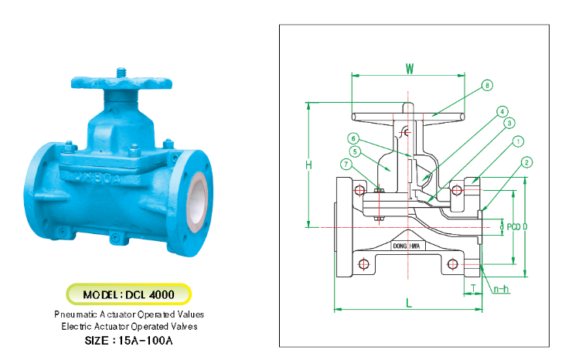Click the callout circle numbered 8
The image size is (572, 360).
[487, 85]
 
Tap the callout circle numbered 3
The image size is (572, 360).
[509, 124]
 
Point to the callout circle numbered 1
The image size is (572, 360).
[518, 141]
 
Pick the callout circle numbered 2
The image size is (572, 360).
[526, 162]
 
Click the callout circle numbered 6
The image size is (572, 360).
[353, 138]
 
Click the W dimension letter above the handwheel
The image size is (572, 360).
[410, 68]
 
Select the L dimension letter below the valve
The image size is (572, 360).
[409, 303]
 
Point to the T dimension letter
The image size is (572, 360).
[473, 287]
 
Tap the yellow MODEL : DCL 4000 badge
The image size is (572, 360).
[128, 294]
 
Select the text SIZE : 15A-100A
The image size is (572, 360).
[128, 339]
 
